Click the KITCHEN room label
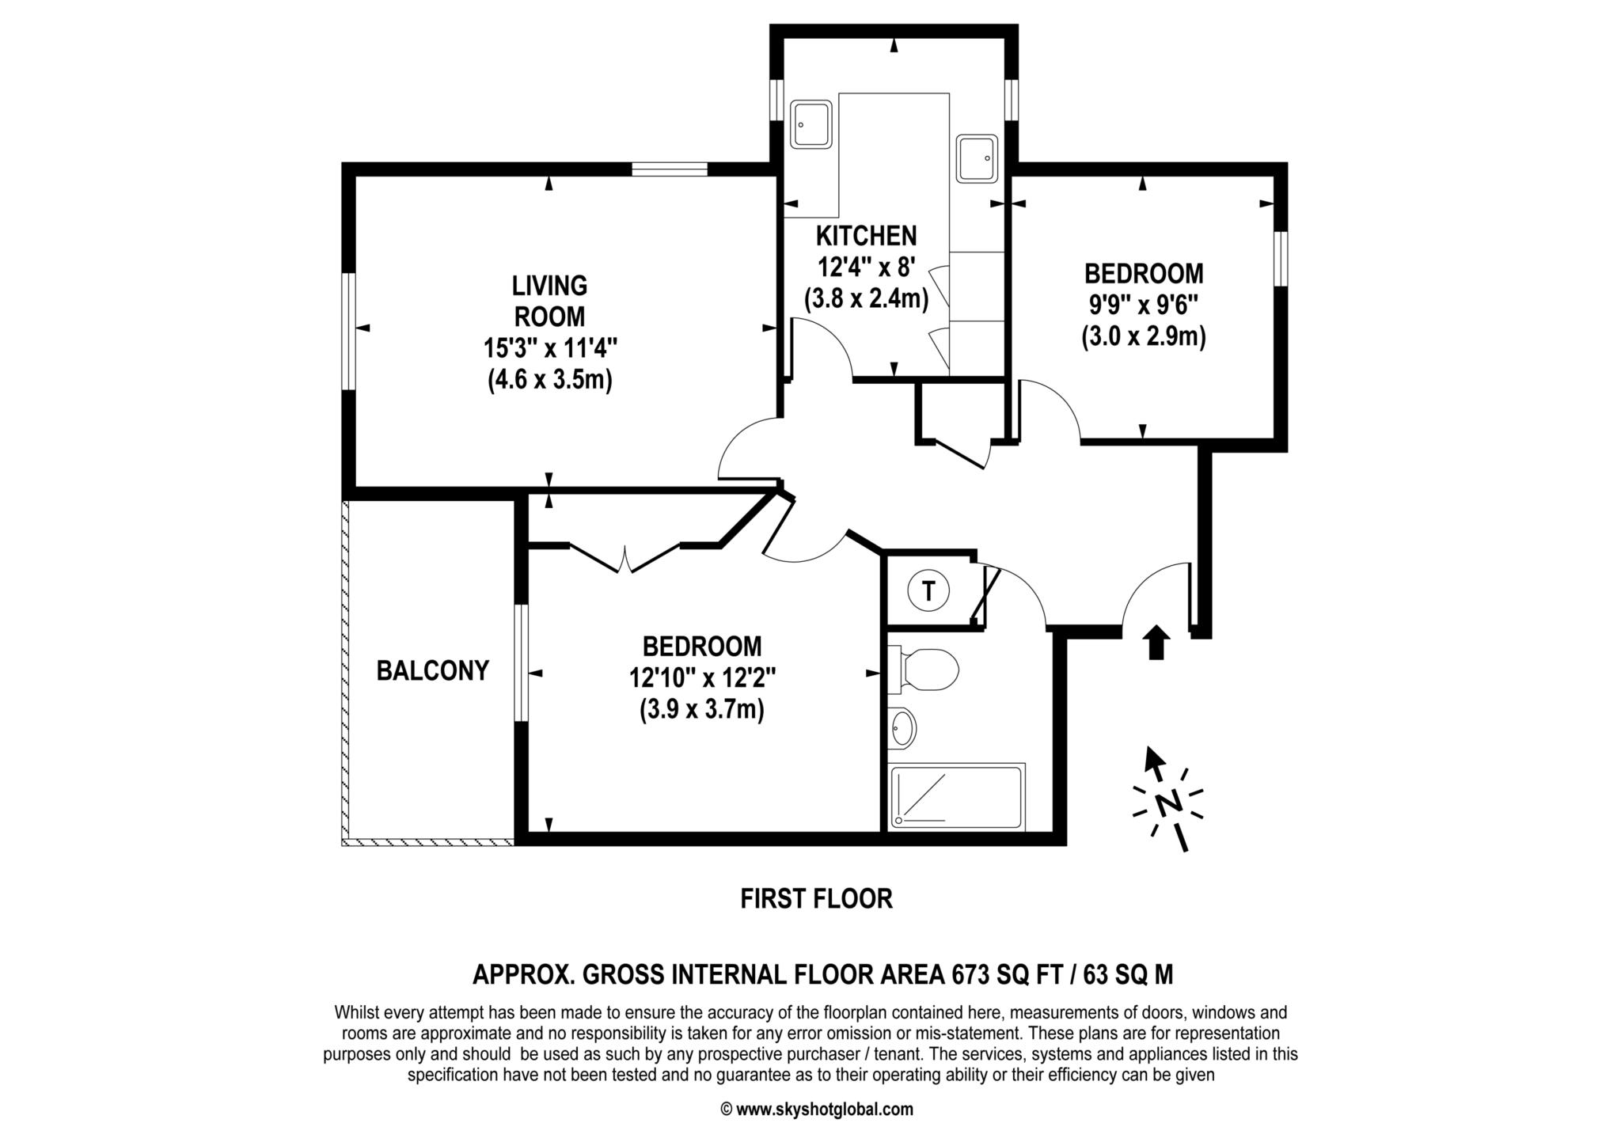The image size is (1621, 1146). (866, 236)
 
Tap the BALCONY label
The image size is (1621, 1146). (433, 671)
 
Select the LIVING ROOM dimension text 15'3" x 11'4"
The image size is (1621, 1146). (550, 348)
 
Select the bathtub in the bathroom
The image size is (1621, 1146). (957, 796)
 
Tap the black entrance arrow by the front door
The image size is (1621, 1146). (1157, 642)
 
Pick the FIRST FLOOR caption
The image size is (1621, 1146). (816, 899)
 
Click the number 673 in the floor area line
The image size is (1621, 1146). (970, 974)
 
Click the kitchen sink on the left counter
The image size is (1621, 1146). (812, 124)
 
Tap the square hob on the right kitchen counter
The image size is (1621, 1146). (978, 159)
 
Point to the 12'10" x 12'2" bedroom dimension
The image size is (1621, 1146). (702, 678)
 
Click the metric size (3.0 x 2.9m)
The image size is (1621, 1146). (1144, 338)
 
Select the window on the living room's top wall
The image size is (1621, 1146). (670, 169)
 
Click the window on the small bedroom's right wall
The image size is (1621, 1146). (1280, 258)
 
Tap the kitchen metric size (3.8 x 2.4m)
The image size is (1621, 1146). (866, 300)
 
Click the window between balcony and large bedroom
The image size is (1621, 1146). (521, 663)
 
